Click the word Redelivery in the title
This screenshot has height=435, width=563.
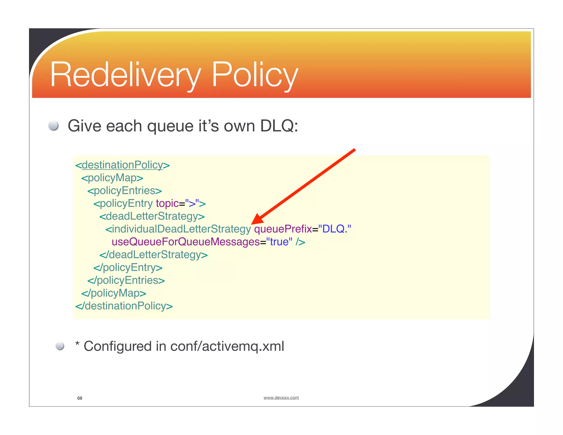tap(125, 75)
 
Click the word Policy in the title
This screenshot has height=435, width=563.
tap(255, 75)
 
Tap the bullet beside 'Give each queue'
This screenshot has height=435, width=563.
tap(53, 126)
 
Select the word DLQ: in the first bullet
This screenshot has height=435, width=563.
tap(279, 126)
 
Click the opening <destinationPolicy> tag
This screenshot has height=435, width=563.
tap(123, 165)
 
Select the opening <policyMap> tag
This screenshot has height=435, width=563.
tap(112, 178)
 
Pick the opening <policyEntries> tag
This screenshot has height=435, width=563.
tap(125, 191)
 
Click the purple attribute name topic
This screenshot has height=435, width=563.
tap(167, 203)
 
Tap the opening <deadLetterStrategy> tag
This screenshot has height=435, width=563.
tap(152, 216)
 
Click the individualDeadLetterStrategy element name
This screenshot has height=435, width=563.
tap(178, 229)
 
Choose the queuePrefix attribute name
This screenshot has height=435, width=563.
tap(283, 229)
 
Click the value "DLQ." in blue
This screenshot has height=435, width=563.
tap(335, 229)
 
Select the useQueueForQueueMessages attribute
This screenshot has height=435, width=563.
tap(186, 242)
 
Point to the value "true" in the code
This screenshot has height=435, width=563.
tap(279, 242)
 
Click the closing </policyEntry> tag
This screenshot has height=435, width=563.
tap(128, 267)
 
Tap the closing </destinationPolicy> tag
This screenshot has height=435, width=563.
tap(124, 306)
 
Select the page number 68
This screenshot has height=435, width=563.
tap(80, 398)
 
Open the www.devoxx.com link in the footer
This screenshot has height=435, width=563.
tap(281, 398)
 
